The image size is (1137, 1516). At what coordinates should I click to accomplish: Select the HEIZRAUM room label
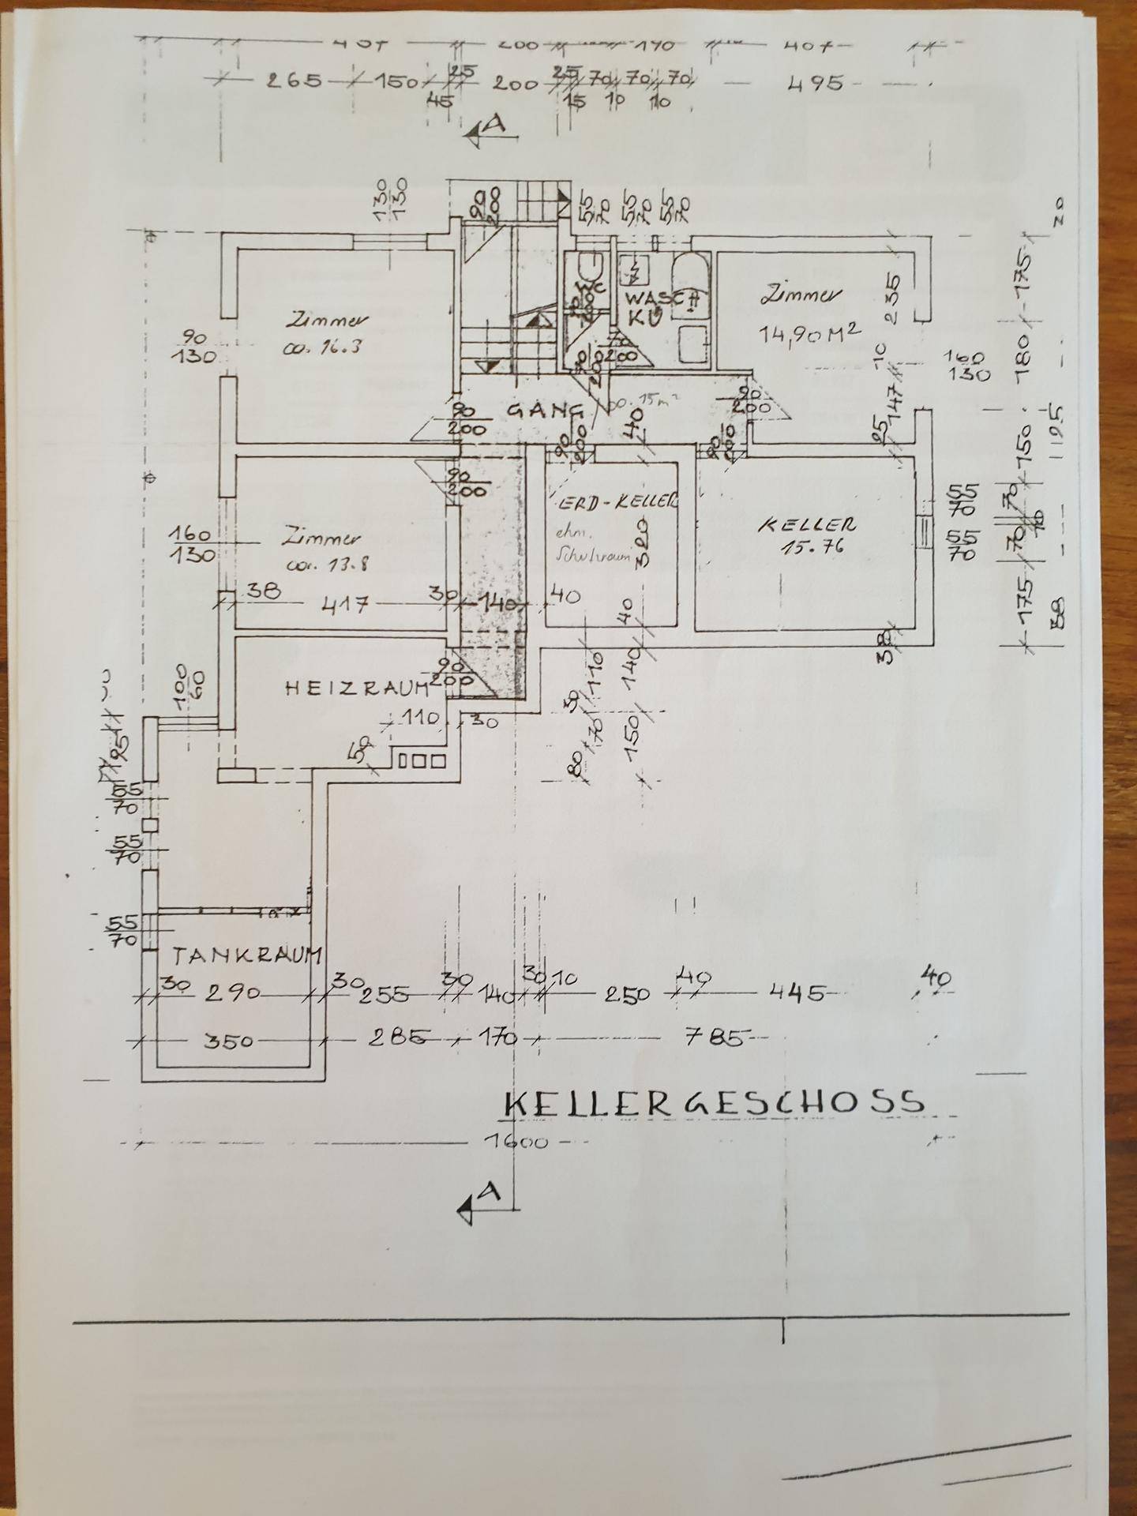pyautogui.click(x=356, y=688)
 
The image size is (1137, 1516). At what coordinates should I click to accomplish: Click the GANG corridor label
pyautogui.click(x=544, y=410)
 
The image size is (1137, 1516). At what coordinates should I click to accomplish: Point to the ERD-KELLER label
pyautogui.click(x=615, y=501)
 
